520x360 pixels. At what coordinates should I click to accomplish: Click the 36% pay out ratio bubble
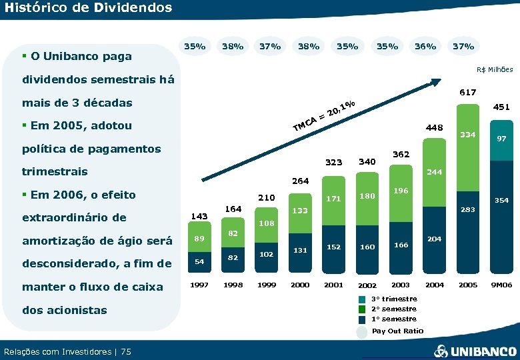[425, 47]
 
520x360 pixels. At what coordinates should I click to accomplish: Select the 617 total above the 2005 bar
[467, 93]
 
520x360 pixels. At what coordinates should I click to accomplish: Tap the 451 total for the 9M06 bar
[501, 106]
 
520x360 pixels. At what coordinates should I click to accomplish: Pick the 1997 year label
[199, 285]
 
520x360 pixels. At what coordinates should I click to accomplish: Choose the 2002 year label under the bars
[366, 285]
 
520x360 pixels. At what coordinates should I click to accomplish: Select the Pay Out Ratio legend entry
[397, 331]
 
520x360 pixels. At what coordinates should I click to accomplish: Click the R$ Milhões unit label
[495, 69]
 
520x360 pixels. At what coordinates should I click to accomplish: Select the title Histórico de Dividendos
[79, 8]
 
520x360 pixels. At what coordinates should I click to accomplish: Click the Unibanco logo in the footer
[475, 351]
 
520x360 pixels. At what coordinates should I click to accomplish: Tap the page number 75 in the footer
[127, 351]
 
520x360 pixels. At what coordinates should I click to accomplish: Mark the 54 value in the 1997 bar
[199, 262]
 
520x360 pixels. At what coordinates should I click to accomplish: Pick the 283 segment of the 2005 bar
[467, 210]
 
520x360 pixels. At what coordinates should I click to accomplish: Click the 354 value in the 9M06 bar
[501, 200]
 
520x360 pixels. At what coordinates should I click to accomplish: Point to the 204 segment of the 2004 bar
[434, 239]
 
